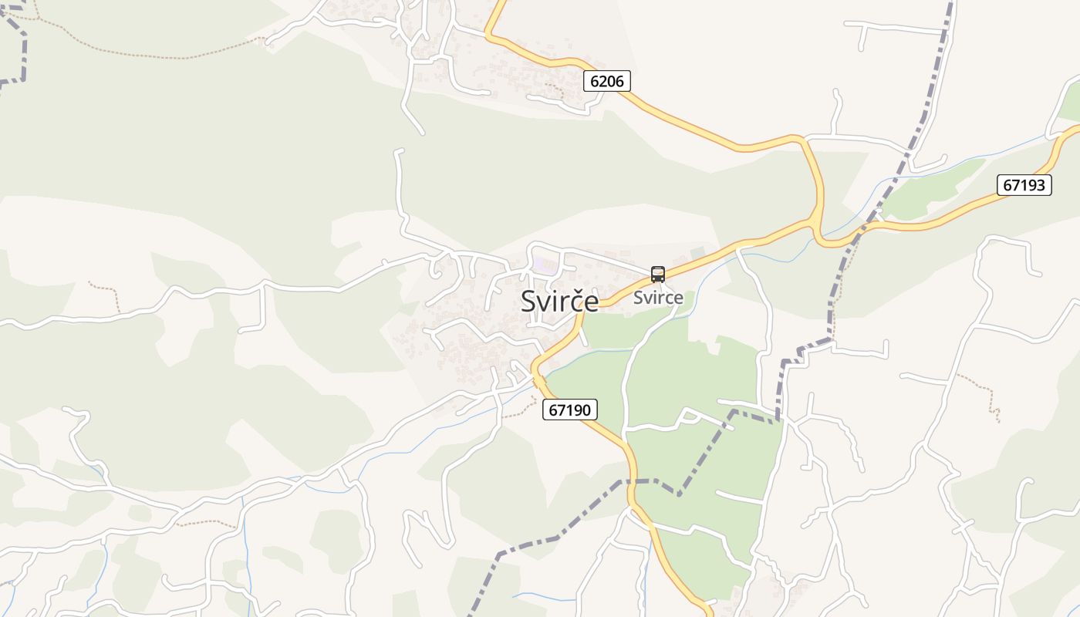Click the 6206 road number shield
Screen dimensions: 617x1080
click(607, 81)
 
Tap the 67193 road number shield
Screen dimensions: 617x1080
click(1024, 185)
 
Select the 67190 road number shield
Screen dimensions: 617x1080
click(570, 410)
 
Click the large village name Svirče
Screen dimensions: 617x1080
click(559, 301)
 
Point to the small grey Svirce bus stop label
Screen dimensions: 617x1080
click(658, 298)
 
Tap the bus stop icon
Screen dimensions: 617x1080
click(657, 274)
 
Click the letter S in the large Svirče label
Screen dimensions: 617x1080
click(529, 301)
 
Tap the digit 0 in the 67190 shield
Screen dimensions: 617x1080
click(589, 410)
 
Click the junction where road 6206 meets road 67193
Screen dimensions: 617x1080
click(816, 221)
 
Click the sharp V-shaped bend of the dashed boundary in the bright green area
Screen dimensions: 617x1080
click(679, 494)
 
